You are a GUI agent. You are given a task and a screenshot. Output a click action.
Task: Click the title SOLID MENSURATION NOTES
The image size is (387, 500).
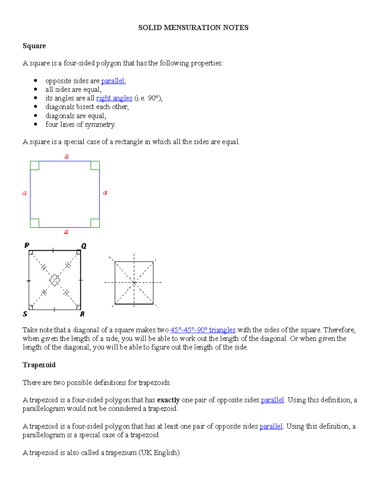point(193,28)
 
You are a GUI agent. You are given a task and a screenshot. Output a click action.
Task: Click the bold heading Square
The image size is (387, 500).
point(34,46)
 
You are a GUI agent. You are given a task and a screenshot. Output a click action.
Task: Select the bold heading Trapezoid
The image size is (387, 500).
point(39,365)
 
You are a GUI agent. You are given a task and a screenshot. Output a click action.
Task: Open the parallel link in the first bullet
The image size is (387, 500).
point(113,81)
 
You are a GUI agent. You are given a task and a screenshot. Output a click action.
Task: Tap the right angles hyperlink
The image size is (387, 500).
point(114,98)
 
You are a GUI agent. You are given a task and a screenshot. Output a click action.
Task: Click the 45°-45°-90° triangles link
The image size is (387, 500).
point(203,330)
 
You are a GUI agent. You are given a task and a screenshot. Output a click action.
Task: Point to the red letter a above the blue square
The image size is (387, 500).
point(66,156)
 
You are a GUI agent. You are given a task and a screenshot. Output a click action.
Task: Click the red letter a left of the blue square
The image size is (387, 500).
point(25,193)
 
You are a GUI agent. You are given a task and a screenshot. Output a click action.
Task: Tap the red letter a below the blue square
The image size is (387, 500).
point(66,232)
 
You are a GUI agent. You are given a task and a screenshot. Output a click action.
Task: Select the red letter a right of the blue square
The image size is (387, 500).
point(105,193)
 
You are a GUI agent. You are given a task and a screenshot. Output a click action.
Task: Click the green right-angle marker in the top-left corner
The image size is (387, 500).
point(35,165)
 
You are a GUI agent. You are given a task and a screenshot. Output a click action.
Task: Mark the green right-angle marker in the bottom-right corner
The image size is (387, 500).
point(95,223)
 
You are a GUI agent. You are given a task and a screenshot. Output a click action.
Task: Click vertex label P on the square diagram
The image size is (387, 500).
point(27,245)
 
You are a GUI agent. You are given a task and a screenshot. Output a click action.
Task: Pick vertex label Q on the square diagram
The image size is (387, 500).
point(84,246)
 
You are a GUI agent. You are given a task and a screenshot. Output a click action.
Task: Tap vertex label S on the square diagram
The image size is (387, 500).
point(25,314)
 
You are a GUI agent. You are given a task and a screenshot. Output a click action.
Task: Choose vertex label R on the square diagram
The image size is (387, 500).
point(82,314)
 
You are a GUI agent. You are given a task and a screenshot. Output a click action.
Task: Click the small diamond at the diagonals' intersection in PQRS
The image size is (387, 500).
point(55,280)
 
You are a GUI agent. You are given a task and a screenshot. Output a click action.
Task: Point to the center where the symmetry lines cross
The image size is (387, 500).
point(134,282)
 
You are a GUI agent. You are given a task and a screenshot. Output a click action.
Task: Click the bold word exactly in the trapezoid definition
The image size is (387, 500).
point(168,400)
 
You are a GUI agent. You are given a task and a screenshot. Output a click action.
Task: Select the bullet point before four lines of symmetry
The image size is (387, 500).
point(35,124)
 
